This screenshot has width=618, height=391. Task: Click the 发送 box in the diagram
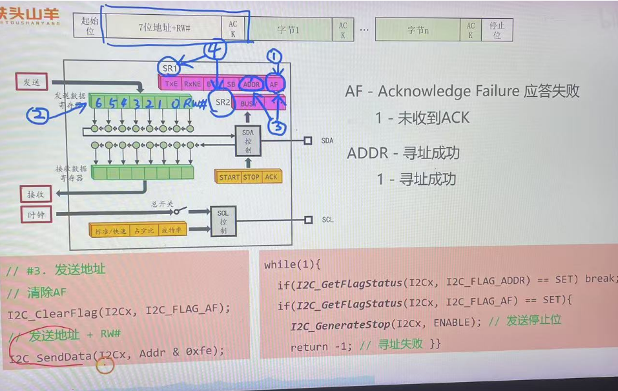pos(32,82)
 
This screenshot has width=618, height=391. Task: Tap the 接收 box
pos(36,194)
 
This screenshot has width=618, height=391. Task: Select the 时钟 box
pos(36,215)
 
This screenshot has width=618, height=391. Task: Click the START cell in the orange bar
pos(229,176)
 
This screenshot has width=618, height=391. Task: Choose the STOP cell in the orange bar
pos(252,176)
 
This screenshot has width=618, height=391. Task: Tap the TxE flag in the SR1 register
pos(170,83)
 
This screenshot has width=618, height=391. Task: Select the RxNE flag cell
pos(192,83)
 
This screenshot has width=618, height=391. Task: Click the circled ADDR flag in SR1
pos(251,83)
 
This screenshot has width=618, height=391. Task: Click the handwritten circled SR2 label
pos(223,102)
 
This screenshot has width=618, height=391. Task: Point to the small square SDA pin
pos(308,140)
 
